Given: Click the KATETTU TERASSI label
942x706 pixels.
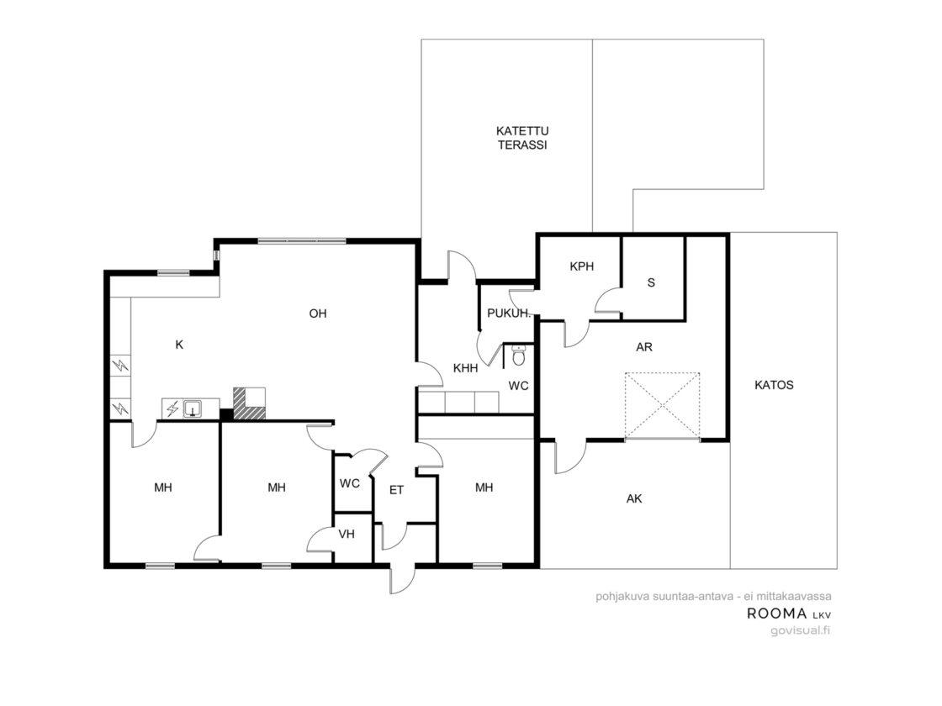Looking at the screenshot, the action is (522, 138).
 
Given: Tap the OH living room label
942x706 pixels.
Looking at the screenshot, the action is (318, 313).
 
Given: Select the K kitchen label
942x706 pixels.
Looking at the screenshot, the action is (179, 345).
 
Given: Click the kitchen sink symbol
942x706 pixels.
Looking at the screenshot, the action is (193, 408).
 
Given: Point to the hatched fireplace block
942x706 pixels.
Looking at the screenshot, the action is (249, 403).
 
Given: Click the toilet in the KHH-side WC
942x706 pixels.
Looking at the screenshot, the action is (518, 356).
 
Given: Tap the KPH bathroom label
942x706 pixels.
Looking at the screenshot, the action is (581, 266).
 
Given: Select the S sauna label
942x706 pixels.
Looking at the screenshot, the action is (651, 282).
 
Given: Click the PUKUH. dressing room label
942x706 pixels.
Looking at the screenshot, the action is (508, 313).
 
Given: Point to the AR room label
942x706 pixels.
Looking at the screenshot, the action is (644, 347).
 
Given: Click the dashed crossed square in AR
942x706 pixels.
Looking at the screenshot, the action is (662, 406).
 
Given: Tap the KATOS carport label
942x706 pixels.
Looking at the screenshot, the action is (774, 386).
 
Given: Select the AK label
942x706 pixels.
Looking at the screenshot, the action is (634, 498).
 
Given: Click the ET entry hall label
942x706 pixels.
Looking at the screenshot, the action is (396, 491).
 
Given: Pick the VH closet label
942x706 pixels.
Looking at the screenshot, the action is (347, 534).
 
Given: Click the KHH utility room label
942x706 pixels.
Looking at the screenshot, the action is (466, 368).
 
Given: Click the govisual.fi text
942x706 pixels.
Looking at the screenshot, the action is (800, 630).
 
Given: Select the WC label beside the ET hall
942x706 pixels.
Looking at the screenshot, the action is (350, 483).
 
